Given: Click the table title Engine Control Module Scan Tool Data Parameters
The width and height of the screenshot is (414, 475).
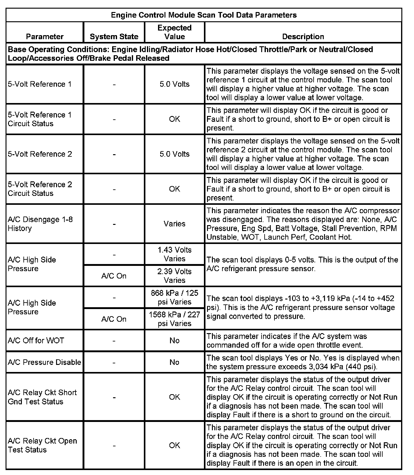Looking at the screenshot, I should pyautogui.click(x=204, y=15).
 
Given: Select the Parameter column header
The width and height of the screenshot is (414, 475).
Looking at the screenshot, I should pyautogui.click(x=45, y=37).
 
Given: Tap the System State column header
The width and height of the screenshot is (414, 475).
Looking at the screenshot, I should pyautogui.click(x=114, y=37).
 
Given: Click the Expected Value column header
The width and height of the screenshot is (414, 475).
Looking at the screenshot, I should pyautogui.click(x=174, y=32).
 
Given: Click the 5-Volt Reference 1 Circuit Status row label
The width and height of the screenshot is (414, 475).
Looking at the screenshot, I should pyautogui.click(x=39, y=119).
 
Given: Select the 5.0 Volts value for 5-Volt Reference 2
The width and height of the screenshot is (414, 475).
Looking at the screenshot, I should pyautogui.click(x=174, y=154).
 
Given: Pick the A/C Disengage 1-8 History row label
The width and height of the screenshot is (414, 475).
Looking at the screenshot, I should pyautogui.click(x=40, y=224).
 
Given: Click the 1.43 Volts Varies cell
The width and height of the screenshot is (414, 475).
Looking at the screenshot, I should pyautogui.click(x=174, y=254).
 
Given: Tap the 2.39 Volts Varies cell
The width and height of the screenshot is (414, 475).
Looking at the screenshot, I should pyautogui.click(x=174, y=276).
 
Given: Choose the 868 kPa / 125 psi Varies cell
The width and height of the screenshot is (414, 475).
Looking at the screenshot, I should pyautogui.click(x=174, y=297).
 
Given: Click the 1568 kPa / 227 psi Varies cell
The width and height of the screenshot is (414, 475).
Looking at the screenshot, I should pyautogui.click(x=174, y=319).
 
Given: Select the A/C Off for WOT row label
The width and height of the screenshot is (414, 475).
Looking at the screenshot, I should pyautogui.click(x=36, y=341).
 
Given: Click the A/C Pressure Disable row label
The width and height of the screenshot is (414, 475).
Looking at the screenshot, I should pyautogui.click(x=44, y=362).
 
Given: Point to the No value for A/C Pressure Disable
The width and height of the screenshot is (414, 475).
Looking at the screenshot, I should pyautogui.click(x=174, y=362).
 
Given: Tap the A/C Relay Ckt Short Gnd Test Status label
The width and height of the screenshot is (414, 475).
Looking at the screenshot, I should pyautogui.click(x=42, y=397).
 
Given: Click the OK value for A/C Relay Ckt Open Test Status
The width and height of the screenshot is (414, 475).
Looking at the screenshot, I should pyautogui.click(x=174, y=445).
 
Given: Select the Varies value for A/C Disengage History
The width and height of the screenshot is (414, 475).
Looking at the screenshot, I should pyautogui.click(x=174, y=224).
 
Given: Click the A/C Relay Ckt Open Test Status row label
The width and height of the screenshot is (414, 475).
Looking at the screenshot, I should pyautogui.click(x=42, y=445).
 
